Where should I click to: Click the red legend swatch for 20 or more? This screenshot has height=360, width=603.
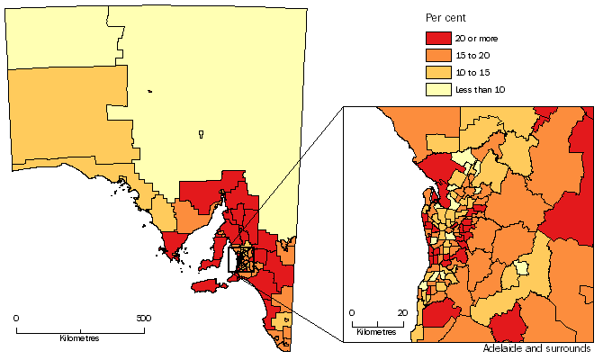click(x=436, y=39)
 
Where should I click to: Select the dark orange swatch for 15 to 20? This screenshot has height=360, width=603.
click(x=436, y=56)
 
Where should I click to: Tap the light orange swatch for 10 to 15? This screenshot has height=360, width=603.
click(x=436, y=72)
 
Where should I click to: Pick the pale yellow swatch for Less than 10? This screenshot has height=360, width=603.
click(x=436, y=89)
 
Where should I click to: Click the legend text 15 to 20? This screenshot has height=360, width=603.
click(x=472, y=56)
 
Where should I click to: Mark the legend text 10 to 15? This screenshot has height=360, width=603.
click(x=472, y=72)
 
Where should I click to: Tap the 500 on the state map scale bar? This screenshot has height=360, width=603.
click(x=144, y=318)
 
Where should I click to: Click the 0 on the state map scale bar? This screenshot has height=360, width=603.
click(x=16, y=318)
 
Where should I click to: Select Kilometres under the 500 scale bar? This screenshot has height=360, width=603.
click(x=79, y=338)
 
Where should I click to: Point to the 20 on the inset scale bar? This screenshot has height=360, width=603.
click(x=403, y=312)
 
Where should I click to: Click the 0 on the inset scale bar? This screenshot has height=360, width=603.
click(x=352, y=312)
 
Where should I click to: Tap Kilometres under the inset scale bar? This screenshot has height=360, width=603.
click(x=376, y=332)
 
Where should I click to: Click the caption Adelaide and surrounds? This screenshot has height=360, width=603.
click(x=536, y=348)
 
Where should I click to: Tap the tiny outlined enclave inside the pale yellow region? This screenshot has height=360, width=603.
click(x=201, y=136)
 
